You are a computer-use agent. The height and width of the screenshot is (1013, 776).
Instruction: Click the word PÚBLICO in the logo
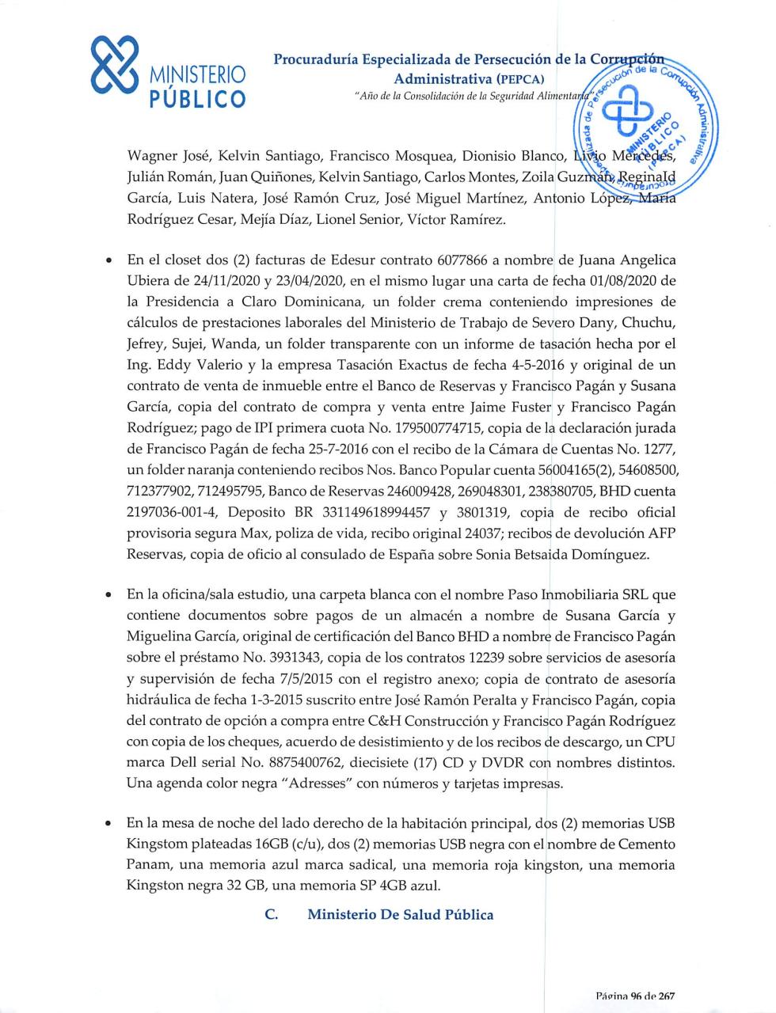(198, 99)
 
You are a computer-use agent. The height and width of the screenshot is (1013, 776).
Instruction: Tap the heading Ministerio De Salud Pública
(400, 915)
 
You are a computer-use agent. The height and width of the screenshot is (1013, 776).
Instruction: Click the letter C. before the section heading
(272, 915)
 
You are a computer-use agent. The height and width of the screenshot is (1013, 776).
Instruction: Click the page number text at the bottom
(634, 996)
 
